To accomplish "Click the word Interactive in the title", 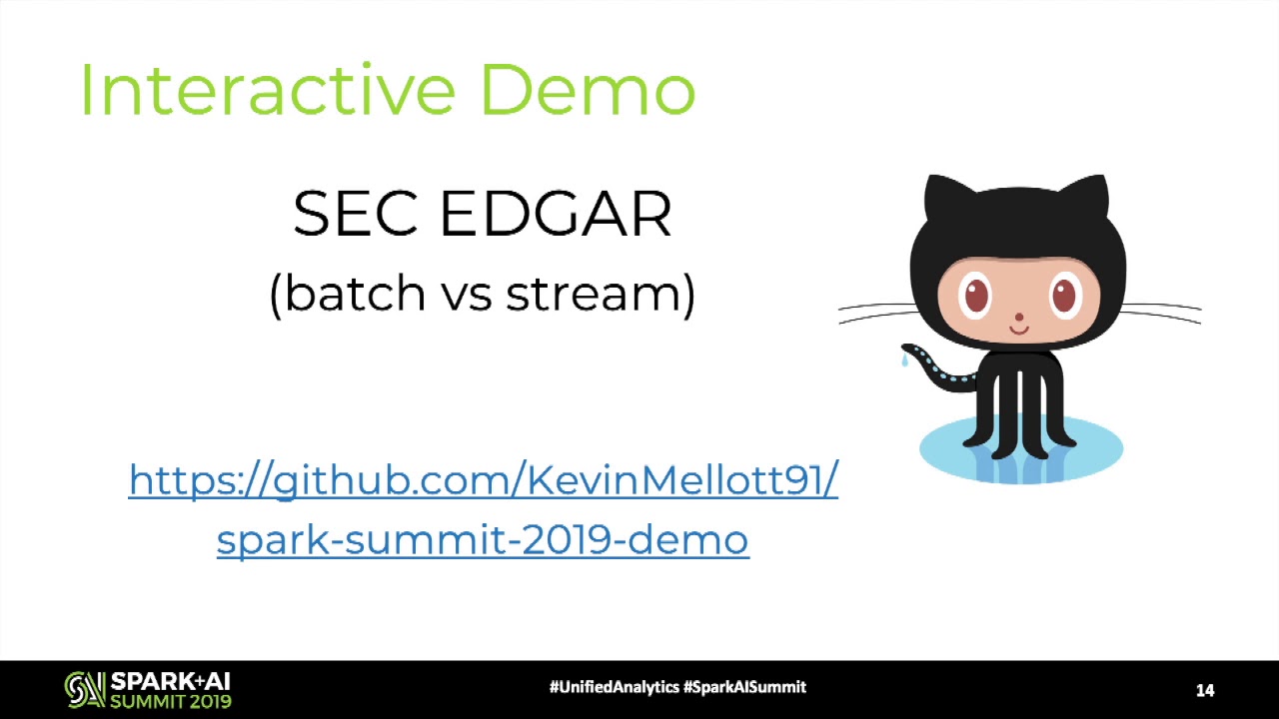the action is click(268, 90).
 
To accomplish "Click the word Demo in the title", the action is click(589, 90).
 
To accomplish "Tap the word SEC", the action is click(355, 214).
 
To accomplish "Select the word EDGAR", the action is click(556, 214).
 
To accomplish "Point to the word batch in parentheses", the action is click(355, 292).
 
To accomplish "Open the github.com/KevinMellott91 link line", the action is click(483, 480).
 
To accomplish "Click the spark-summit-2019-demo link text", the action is click(483, 539).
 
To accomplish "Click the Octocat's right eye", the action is click(1064, 295).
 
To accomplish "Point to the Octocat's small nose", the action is click(1019, 317).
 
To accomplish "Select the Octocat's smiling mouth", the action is click(1019, 330).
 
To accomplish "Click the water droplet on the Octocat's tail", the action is click(904, 359).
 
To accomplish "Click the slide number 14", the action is click(1205, 690).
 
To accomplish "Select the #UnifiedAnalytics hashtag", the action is click(615, 687).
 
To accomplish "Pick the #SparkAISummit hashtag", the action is click(745, 687).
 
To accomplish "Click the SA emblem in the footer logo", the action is click(85, 689).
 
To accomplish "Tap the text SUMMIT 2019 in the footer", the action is click(171, 701).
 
